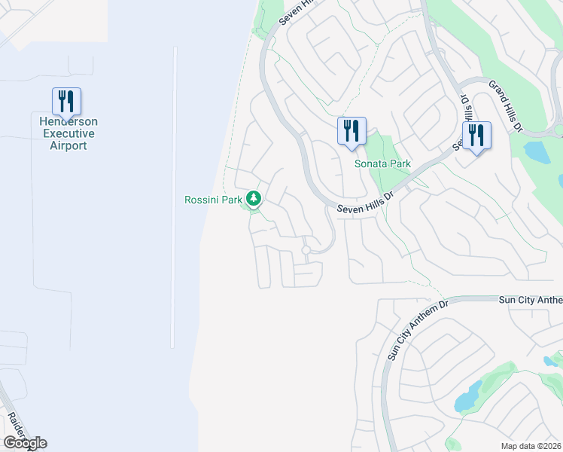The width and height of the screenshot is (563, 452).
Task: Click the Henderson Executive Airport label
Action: (x=68, y=133)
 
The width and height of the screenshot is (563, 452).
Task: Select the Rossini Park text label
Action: (x=215, y=200)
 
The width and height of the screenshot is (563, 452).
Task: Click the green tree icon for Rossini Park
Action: (x=254, y=199)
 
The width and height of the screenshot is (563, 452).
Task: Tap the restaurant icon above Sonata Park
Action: (x=351, y=131)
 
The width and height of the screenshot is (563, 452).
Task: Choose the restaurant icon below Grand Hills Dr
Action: (x=476, y=136)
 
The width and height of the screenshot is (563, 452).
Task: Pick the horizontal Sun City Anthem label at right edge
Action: (x=531, y=300)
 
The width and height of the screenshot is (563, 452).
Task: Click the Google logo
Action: (x=25, y=443)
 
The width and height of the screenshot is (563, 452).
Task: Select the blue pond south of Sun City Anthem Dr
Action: (x=468, y=396)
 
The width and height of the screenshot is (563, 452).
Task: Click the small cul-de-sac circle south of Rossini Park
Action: (x=306, y=250)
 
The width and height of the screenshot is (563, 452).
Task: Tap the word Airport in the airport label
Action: (x=68, y=145)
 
